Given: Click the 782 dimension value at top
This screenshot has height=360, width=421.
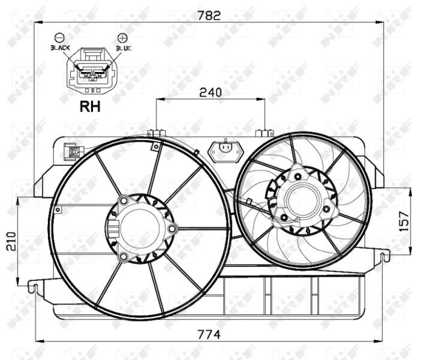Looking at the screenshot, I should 210,16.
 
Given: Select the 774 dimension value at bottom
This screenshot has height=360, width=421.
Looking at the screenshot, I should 210,334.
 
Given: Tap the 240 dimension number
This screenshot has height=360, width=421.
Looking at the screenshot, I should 210,92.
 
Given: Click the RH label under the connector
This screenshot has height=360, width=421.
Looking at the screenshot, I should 90,107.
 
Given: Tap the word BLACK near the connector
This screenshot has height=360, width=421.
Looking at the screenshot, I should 61,47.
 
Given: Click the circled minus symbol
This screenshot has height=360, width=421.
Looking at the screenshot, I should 59,37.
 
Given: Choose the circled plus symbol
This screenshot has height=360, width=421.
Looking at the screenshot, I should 122,37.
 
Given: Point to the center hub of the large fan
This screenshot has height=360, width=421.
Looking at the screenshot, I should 140,229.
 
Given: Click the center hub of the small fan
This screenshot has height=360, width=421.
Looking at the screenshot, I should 302,199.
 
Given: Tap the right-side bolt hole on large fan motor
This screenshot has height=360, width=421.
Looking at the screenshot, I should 172,229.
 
